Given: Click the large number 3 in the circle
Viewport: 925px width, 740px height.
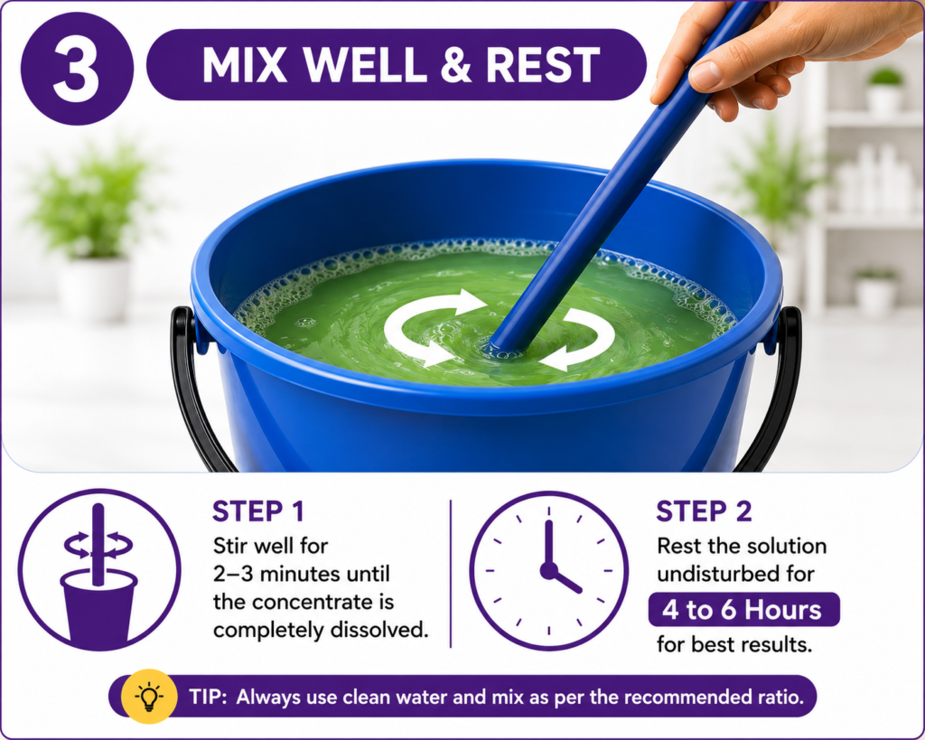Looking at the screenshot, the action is pos(76,69).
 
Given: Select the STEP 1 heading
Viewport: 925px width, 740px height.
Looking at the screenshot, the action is pos(257,511).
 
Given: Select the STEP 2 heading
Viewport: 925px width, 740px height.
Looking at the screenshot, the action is pos(704,511).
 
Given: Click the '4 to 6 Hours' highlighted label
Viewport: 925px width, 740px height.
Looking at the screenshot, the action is pos(743,610).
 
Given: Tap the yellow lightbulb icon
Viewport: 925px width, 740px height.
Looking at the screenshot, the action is pos(149,697).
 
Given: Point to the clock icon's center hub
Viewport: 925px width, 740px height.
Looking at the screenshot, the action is pos(548,571).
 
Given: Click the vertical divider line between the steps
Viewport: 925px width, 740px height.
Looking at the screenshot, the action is pos(451,574).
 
